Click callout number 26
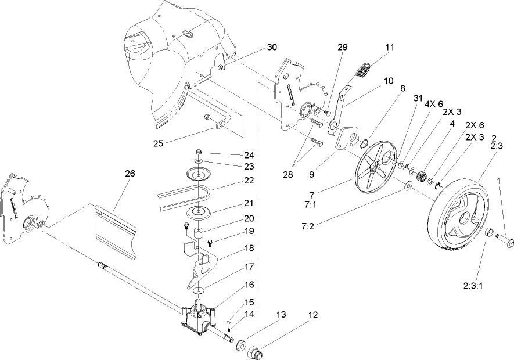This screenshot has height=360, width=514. pyautogui.click(x=130, y=172)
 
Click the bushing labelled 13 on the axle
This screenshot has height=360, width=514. pyautogui.click(x=239, y=347)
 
